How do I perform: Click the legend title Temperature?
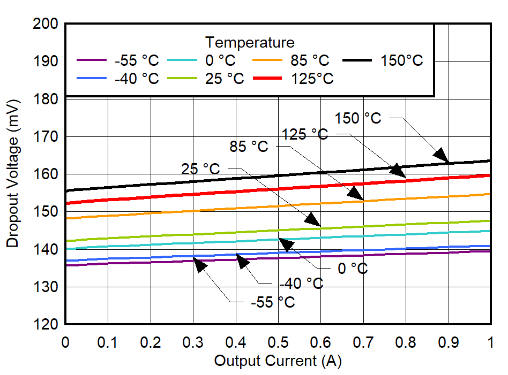(250, 42)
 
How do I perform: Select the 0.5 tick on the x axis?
(278, 341)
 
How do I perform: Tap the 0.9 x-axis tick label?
(449, 341)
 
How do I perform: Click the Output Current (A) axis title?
(278, 361)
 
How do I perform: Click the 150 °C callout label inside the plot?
(358, 118)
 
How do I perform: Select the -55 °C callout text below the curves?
(273, 302)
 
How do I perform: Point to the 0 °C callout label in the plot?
(353, 269)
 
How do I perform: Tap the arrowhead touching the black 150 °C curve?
(442, 155)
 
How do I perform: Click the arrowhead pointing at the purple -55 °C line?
(200, 264)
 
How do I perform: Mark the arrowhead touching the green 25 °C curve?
(312, 219)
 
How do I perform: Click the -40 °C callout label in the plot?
(301, 284)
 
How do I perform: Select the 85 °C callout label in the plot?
(249, 147)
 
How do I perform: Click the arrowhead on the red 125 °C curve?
(397, 170)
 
